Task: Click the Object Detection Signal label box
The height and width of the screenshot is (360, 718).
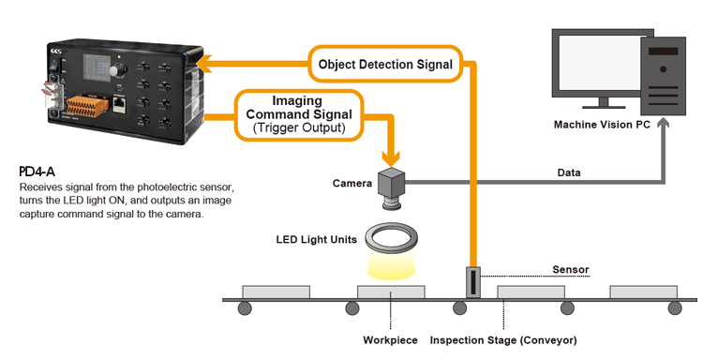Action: click(x=385, y=64)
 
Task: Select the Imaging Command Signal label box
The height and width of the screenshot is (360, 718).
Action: click(x=299, y=114)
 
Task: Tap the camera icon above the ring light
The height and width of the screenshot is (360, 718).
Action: click(x=391, y=188)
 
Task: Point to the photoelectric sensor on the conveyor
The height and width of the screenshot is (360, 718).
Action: click(x=473, y=281)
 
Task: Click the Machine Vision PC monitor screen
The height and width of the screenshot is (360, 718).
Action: click(x=599, y=63)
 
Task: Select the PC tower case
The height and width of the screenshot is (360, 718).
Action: click(x=663, y=76)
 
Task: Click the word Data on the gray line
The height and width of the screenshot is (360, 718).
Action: click(x=569, y=172)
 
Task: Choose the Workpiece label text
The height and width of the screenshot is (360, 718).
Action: click(x=390, y=340)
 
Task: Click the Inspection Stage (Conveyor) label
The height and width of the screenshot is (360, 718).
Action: click(x=503, y=340)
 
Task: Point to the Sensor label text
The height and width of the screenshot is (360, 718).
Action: click(x=571, y=269)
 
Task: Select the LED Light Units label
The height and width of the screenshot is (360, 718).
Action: click(x=317, y=239)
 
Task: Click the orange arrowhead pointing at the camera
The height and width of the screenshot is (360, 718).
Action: click(x=391, y=158)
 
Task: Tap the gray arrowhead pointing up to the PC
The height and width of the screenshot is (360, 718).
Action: click(x=663, y=123)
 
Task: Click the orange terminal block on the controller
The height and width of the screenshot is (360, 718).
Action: click(x=88, y=106)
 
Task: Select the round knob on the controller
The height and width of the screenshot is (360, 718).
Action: click(x=117, y=70)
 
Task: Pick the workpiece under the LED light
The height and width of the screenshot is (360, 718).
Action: click(x=391, y=292)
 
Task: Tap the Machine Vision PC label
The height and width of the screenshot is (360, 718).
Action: click(x=602, y=125)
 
